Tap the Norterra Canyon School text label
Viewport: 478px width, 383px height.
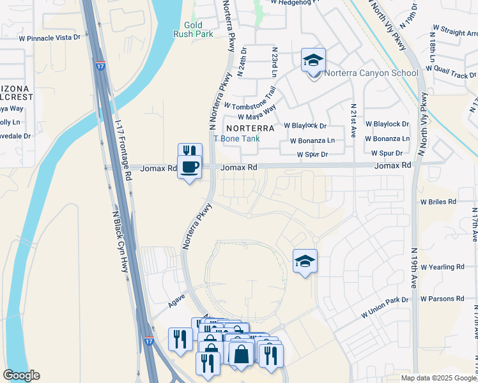coord(371,73)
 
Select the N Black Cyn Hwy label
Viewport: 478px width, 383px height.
coord(119,242)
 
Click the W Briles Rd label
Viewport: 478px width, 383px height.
coord(438,201)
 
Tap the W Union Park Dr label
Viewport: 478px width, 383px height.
coord(385,307)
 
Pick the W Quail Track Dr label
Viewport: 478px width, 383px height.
coord(446,71)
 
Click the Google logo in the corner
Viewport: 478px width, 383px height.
coord(21,375)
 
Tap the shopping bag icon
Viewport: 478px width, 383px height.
coord(241,354)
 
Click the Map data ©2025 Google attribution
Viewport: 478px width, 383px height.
coord(438,378)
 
